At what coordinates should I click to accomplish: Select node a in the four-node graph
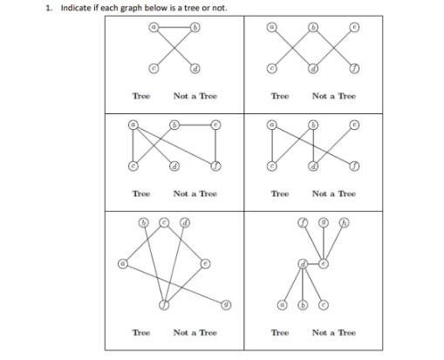pos(154,27)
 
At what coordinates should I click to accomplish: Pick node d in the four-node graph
pos(195,69)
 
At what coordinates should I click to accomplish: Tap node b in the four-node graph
pos(195,27)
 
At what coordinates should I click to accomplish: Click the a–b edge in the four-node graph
pos(174,27)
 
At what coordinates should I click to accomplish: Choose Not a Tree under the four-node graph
pos(195,95)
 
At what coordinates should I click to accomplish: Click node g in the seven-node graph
pos(225,305)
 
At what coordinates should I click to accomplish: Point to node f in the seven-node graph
pos(163,303)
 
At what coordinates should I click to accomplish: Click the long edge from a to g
pos(174,283)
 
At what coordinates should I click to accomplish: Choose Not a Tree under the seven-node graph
pos(195,332)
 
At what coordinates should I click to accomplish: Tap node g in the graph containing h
pos(324,222)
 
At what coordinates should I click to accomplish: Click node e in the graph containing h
pos(324,262)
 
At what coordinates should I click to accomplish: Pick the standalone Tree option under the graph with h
pos(280,332)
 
